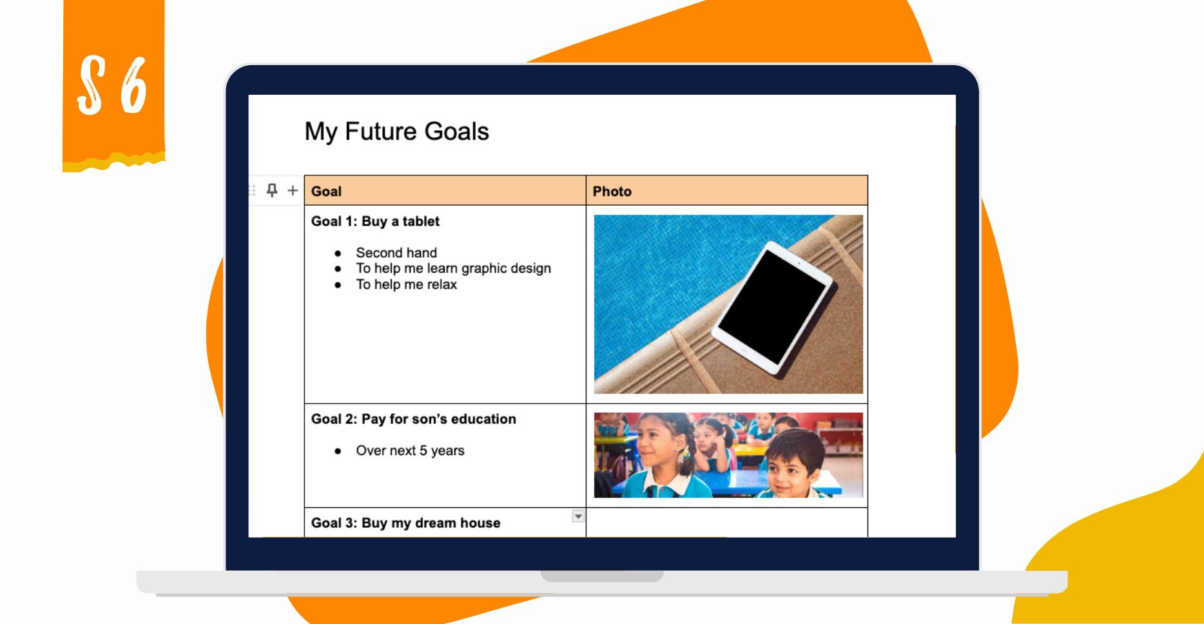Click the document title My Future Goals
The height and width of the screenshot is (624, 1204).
tap(396, 132)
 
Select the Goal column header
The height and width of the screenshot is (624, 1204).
tap(326, 191)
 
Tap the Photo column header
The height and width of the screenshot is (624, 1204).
tap(612, 191)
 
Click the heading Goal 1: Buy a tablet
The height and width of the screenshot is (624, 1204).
tap(375, 221)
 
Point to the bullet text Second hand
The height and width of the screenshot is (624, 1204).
tap(396, 253)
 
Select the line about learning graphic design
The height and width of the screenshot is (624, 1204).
tap(453, 268)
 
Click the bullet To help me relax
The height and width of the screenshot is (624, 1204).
tap(406, 284)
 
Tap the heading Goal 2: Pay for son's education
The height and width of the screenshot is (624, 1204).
tap(413, 419)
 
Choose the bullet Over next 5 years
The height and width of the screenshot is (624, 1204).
tap(410, 451)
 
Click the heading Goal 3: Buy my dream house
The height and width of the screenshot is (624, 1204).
tap(405, 523)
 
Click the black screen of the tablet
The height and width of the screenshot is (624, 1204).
tap(771, 306)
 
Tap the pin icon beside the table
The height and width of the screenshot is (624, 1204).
tap(272, 190)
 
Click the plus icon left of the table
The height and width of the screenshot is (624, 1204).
tap(293, 190)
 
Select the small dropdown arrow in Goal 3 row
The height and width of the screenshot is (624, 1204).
tap(578, 516)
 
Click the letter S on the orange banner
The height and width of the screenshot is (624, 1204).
tap(91, 86)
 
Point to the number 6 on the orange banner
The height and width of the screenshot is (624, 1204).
tap(134, 86)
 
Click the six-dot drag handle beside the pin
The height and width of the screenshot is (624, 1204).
tap(252, 190)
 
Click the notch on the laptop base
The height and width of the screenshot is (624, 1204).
tap(602, 576)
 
